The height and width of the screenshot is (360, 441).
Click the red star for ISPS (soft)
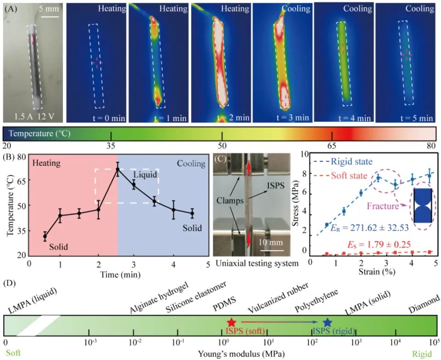coord(232,323)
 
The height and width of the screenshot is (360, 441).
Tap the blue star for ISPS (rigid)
coord(327,323)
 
